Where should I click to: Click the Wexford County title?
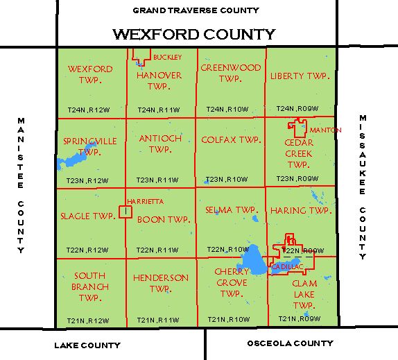click(x=193, y=34)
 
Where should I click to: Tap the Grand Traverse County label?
click(x=196, y=10)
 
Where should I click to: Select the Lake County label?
click(x=87, y=345)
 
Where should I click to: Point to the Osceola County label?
click(x=290, y=343)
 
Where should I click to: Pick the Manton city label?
click(x=321, y=130)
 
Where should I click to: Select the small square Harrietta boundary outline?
click(x=126, y=211)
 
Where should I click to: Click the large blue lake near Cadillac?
click(x=251, y=261)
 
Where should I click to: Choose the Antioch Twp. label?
click(x=160, y=144)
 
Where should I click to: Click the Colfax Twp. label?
click(x=230, y=139)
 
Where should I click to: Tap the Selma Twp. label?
click(x=232, y=209)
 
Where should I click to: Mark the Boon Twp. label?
click(x=163, y=219)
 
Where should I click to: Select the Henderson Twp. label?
click(x=160, y=283)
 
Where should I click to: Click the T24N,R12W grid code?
click(x=88, y=110)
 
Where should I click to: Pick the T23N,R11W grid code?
click(x=158, y=180)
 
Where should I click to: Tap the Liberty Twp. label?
click(x=299, y=75)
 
